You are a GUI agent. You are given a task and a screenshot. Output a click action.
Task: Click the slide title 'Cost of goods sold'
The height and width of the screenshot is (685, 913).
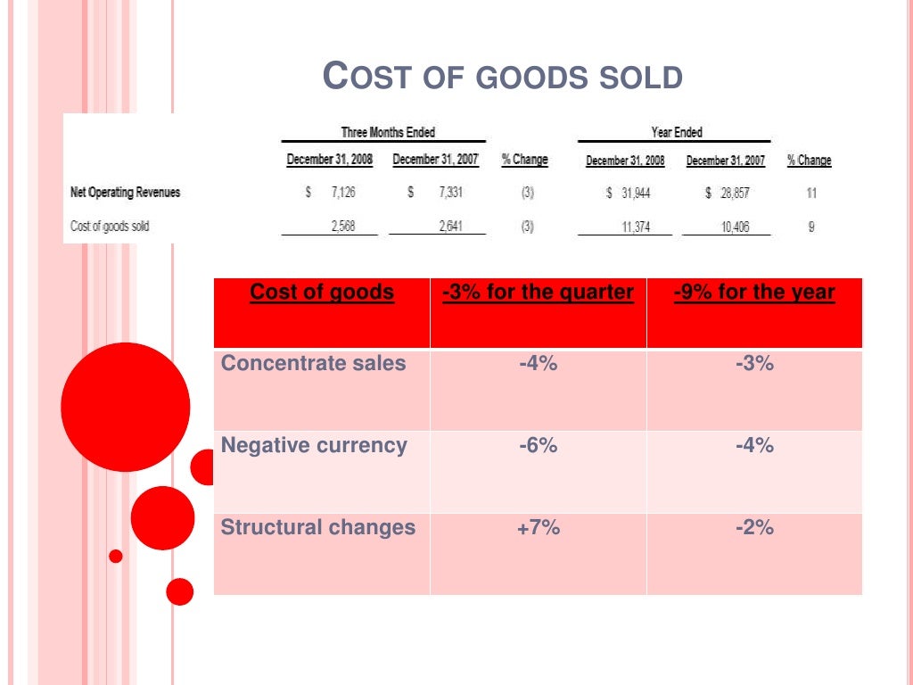tap(502, 77)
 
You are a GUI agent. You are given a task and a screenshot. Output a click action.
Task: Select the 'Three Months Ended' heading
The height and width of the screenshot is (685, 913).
tap(388, 132)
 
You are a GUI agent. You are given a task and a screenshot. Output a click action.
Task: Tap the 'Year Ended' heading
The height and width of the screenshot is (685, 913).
tap(676, 132)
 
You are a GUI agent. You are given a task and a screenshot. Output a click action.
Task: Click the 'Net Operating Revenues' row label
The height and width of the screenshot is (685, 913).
tap(125, 192)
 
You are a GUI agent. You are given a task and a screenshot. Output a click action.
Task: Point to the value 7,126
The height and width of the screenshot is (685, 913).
tap(342, 192)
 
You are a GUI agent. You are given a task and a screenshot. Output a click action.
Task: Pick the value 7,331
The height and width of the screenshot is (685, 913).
tap(449, 192)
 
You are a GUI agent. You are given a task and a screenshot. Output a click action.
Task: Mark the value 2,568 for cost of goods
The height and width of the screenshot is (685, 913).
tap(342, 227)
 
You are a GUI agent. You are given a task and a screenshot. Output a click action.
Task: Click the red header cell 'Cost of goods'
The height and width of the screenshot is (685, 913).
tap(322, 293)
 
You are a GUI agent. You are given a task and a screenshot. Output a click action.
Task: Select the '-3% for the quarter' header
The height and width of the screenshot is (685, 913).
tap(538, 293)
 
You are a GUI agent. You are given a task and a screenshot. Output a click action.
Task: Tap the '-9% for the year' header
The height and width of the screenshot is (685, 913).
tap(754, 293)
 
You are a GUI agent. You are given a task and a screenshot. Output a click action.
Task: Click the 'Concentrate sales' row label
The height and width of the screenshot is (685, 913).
tap(313, 364)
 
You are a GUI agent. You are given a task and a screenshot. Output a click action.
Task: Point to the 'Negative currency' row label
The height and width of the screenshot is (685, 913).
tap(314, 446)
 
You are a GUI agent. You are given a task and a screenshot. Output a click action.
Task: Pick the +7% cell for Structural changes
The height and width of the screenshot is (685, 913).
tap(538, 528)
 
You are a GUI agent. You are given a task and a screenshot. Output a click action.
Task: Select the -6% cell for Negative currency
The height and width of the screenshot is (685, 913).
tap(538, 446)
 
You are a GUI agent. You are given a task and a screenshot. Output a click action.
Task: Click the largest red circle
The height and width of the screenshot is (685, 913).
tap(125, 407)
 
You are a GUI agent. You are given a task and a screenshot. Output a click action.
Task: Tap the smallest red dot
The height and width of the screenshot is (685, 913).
tap(115, 557)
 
